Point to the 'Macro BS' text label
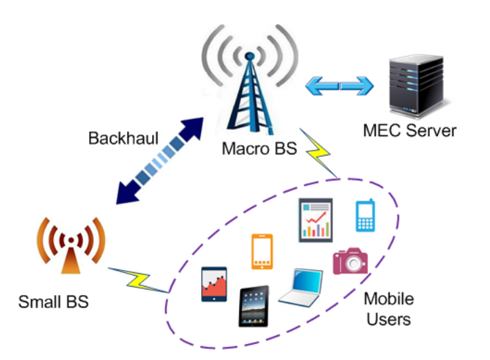250,149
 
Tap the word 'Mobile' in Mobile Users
388,300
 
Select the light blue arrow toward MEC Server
339,86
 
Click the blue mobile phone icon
365,216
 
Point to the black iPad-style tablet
254,306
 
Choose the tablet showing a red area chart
214,284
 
